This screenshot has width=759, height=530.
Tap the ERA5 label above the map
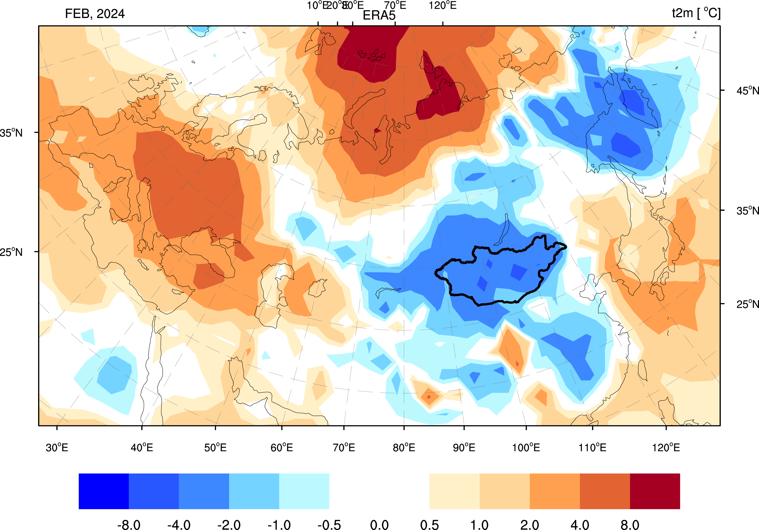[x=379, y=16]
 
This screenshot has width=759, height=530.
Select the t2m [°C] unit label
[x=696, y=13]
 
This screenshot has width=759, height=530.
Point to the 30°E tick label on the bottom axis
[x=57, y=448]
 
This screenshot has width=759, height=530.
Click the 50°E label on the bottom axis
[x=215, y=448]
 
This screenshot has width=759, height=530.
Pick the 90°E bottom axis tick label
[x=464, y=448]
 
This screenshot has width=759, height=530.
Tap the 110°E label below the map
[x=592, y=448]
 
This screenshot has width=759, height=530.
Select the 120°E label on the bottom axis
[x=666, y=448]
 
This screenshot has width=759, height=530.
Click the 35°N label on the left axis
[x=11, y=133]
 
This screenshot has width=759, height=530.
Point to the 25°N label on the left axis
[x=11, y=252]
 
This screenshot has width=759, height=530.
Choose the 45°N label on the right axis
[x=747, y=90]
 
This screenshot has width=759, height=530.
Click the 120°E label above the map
[x=443, y=6]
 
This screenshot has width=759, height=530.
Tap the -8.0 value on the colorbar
[x=129, y=524]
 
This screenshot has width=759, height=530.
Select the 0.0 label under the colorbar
[x=379, y=524]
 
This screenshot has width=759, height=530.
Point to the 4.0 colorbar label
[x=580, y=524]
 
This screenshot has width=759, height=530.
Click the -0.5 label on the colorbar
[x=329, y=524]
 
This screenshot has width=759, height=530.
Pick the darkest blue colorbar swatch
[x=103, y=491]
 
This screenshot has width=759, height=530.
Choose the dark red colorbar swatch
[x=655, y=491]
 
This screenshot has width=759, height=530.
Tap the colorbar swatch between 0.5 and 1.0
[x=454, y=491]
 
